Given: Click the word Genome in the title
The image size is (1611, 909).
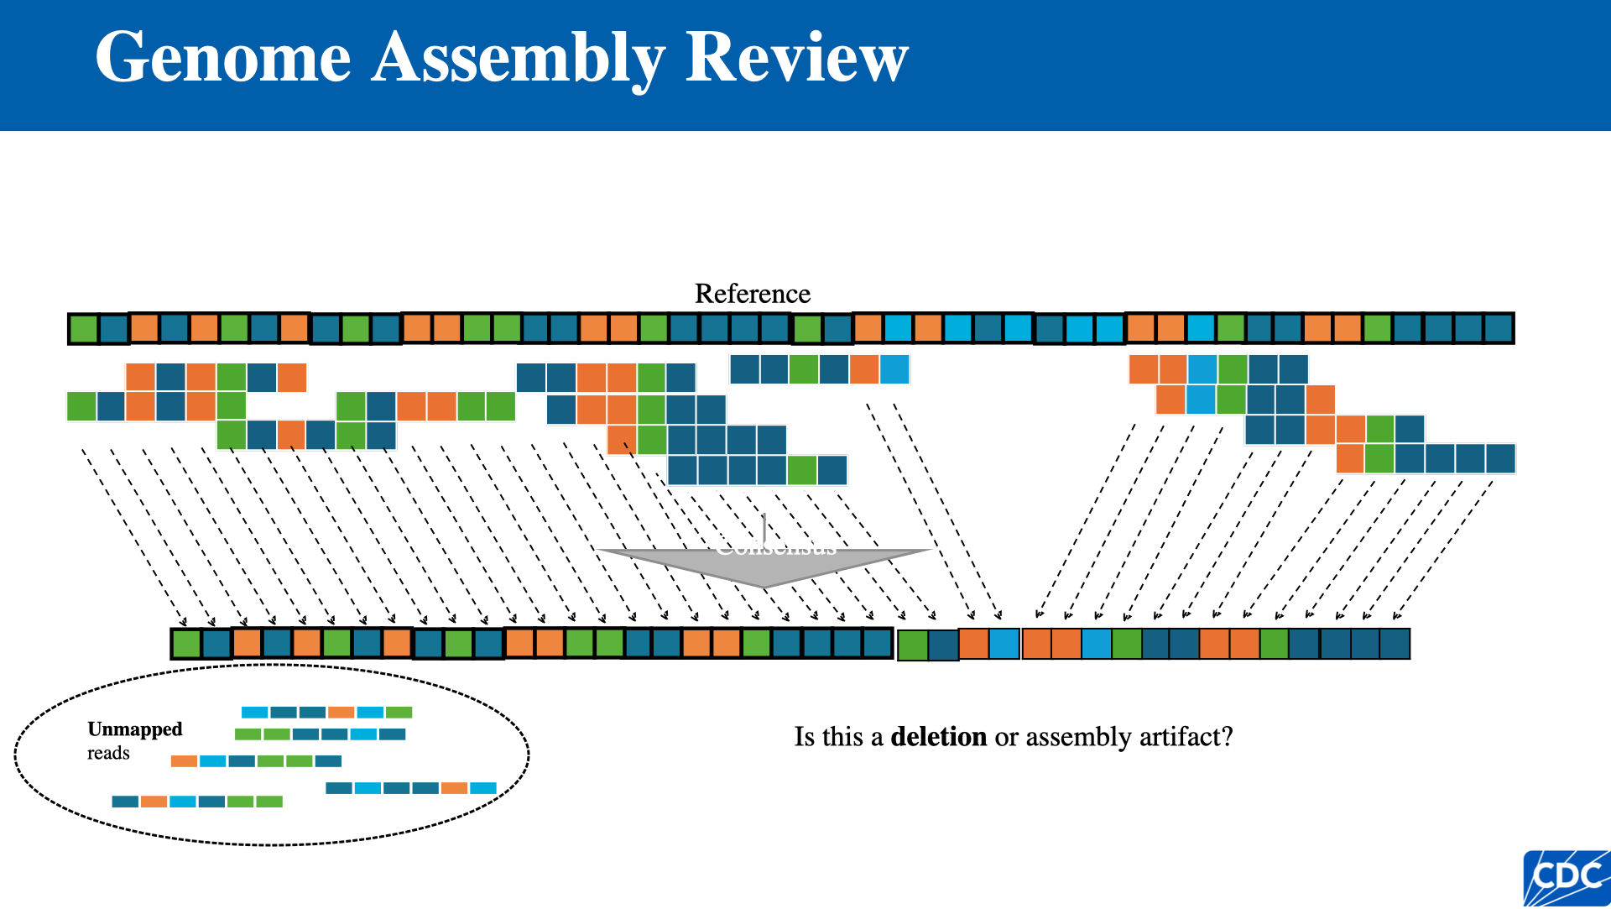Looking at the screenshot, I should (223, 59).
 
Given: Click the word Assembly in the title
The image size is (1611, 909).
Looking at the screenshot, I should (518, 59).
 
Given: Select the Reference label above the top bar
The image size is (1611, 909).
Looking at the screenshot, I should (752, 294).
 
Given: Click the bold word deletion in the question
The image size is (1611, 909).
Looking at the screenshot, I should (938, 737).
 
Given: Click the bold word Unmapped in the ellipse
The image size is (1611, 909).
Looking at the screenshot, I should (134, 729).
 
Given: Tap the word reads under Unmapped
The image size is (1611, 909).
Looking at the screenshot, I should (108, 753).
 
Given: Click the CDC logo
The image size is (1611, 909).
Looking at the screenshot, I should (1566, 878).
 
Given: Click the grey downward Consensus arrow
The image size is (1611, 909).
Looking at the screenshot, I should (764, 564).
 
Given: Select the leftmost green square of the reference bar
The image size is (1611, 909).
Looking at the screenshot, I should (83, 329).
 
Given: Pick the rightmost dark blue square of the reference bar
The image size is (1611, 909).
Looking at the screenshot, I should (1498, 328).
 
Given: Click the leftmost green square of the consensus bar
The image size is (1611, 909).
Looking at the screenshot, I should (186, 644).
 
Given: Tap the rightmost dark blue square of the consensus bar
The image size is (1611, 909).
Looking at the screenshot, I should (1395, 644).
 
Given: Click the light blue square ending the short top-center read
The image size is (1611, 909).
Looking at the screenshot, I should (894, 369).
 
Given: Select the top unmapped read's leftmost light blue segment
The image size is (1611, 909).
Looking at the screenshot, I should (254, 713).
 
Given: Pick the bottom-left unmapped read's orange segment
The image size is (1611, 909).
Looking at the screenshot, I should (154, 802).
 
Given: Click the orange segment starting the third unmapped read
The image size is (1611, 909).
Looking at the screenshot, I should (184, 761).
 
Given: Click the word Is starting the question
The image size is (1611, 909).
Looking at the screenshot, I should (804, 737).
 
